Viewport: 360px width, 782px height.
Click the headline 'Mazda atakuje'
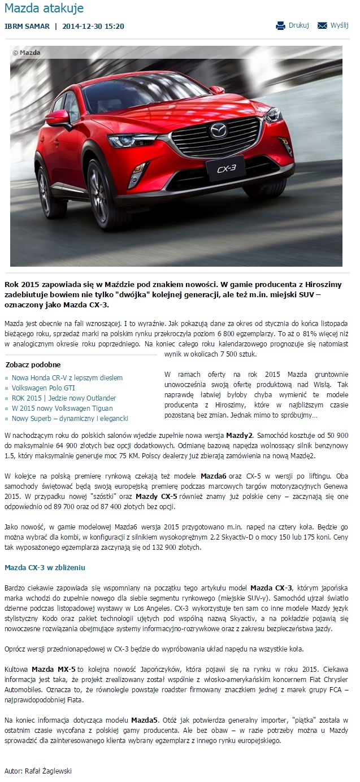(x=44, y=8)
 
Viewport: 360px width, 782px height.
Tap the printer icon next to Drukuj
(x=281, y=25)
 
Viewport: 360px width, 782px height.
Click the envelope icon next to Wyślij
(x=323, y=25)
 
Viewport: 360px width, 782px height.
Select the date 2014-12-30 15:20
(x=93, y=26)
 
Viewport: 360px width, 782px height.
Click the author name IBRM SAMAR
(x=27, y=26)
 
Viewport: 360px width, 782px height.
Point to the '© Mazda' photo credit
(x=26, y=53)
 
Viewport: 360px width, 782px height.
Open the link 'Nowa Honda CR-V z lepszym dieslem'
(x=67, y=377)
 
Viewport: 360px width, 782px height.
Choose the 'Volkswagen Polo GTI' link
(x=43, y=388)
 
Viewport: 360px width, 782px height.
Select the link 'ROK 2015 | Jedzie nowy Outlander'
(x=64, y=398)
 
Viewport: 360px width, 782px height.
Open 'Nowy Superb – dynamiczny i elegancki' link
(x=70, y=418)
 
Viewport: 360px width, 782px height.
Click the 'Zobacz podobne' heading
(x=33, y=364)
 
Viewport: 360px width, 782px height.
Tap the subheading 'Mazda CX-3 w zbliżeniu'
(x=45, y=567)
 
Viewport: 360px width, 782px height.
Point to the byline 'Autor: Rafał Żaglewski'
(x=38, y=770)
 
